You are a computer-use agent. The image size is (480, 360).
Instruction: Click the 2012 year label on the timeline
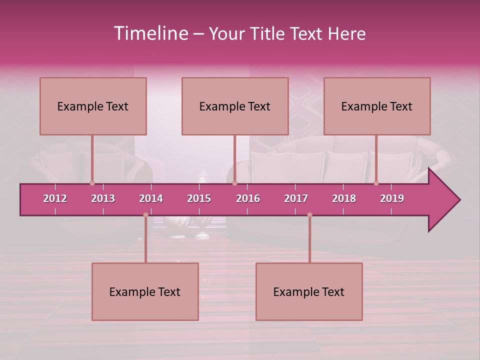(x=55, y=198)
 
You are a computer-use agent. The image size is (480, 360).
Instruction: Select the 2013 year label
(x=103, y=198)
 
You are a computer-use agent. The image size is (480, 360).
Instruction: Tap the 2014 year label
(x=151, y=198)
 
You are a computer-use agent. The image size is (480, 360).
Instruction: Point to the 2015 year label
(x=199, y=198)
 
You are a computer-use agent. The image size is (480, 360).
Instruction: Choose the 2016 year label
(x=248, y=198)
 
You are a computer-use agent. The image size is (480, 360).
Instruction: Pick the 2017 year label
(x=296, y=198)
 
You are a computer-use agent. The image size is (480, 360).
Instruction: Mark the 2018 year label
(x=344, y=198)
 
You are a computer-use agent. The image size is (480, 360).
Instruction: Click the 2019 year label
(x=392, y=198)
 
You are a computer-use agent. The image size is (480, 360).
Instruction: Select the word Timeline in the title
(x=150, y=33)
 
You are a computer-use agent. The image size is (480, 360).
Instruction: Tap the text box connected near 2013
(x=93, y=106)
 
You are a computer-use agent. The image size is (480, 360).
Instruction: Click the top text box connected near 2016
(x=235, y=106)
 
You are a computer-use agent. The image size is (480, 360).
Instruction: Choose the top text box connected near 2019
(x=377, y=106)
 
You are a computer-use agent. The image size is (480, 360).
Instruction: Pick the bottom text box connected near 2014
(x=145, y=291)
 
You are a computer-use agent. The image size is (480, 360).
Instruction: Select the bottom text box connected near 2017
(x=309, y=291)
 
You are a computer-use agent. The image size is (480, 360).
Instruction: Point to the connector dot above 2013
(x=92, y=183)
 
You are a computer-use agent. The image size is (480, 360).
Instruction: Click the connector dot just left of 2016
(x=234, y=183)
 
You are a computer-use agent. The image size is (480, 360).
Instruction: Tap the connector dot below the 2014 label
(x=145, y=215)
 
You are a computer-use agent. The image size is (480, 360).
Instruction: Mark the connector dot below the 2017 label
(x=309, y=215)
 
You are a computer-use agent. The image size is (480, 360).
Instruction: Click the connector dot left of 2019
(x=376, y=183)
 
